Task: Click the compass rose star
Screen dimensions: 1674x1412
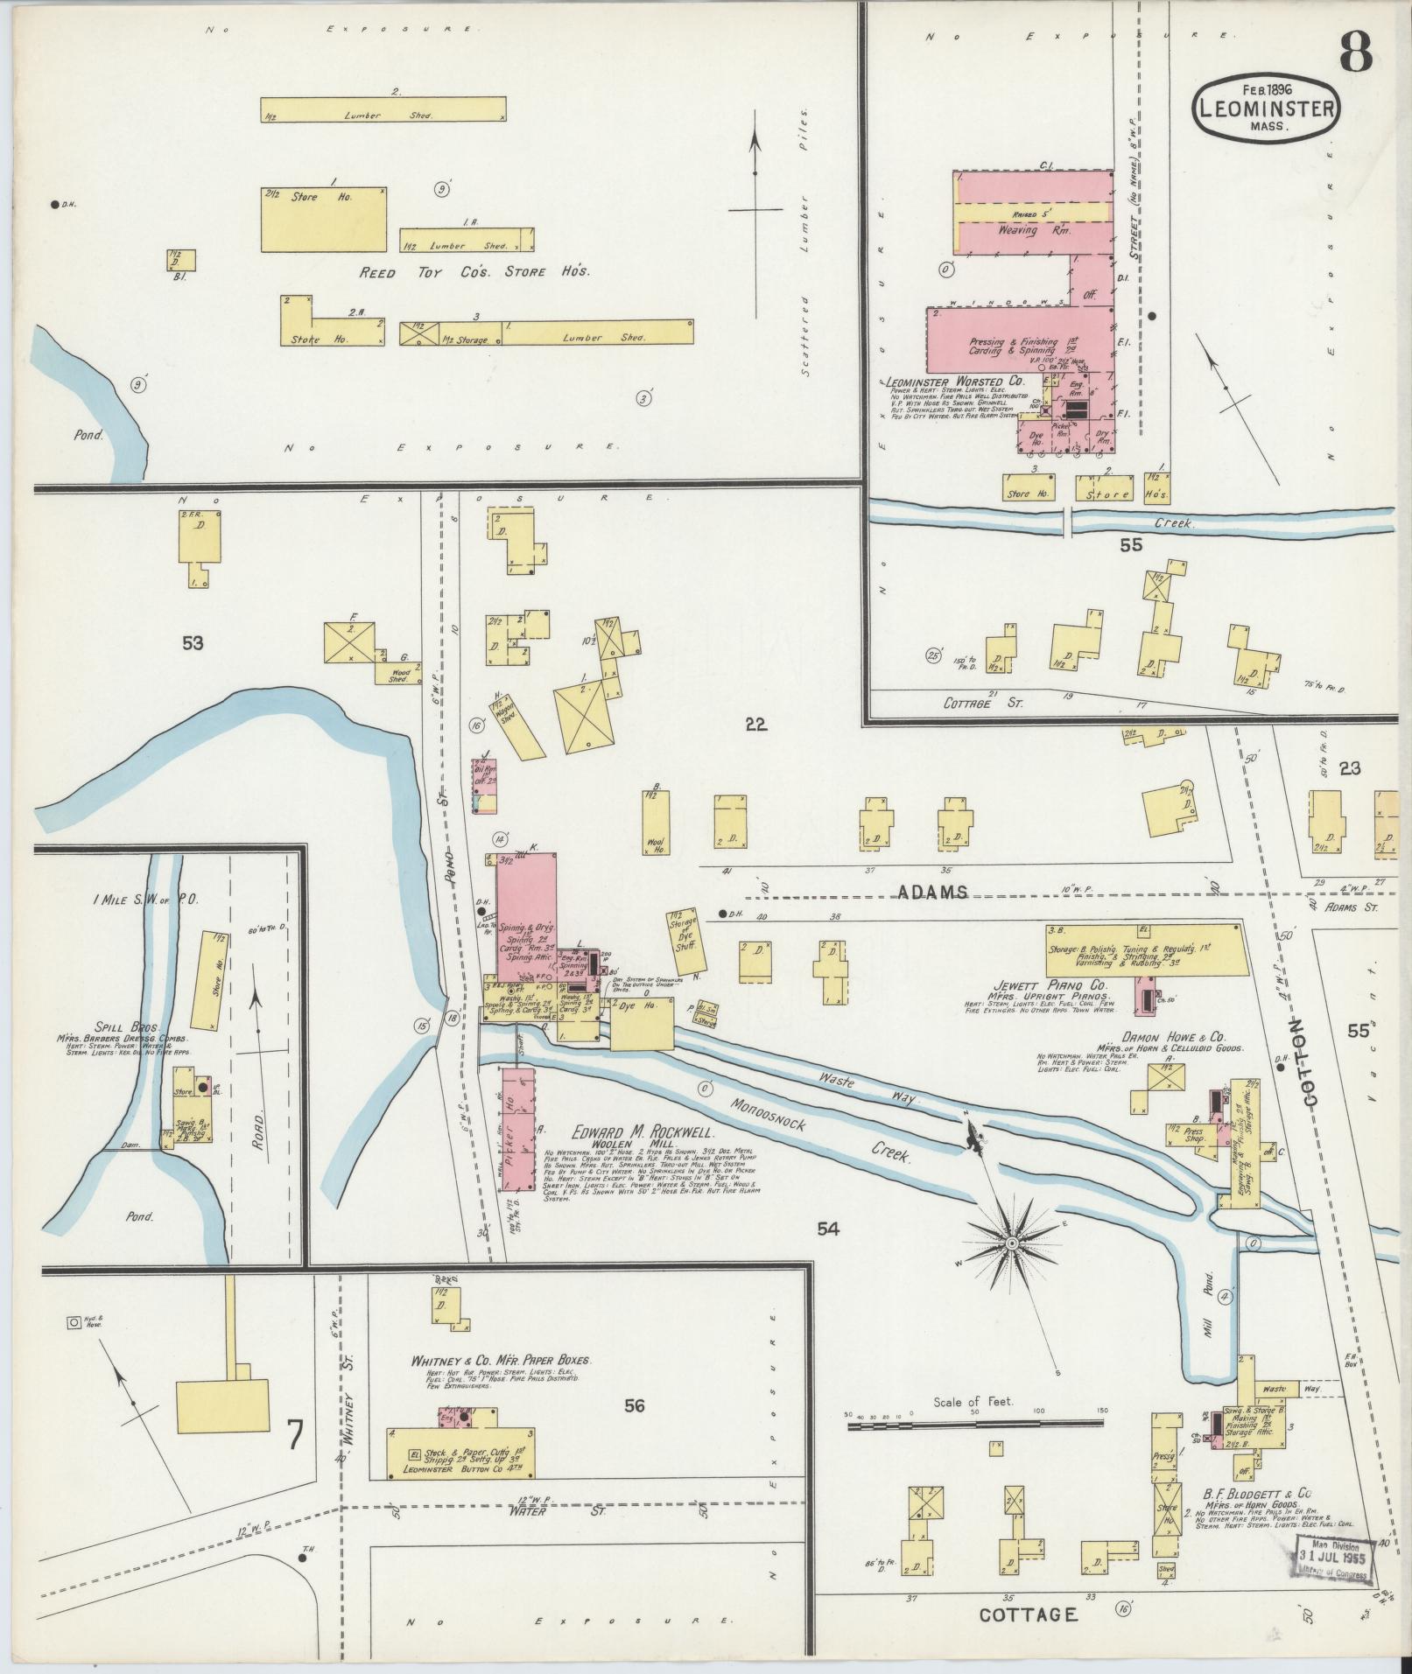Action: click(x=1011, y=1243)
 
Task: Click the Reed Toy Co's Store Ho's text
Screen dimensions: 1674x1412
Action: click(x=475, y=272)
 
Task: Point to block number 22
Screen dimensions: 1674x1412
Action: click(x=755, y=723)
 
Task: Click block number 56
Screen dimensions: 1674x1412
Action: click(x=635, y=1405)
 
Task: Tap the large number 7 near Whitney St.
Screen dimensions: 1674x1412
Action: click(x=295, y=1434)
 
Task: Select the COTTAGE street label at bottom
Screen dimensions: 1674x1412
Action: click(x=1028, y=1614)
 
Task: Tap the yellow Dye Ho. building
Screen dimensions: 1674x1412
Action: click(x=642, y=1024)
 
